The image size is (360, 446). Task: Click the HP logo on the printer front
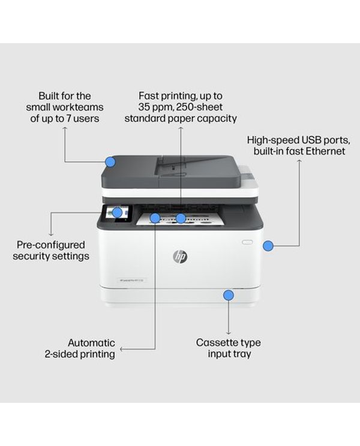pos(180,257)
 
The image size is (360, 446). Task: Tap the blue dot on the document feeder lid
pos(110,161)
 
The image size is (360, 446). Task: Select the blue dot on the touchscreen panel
pos(118,212)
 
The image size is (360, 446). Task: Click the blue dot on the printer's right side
pos(268,245)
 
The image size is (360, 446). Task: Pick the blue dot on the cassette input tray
pos(228,295)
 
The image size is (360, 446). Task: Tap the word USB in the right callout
pos(304,140)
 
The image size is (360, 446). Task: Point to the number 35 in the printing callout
pos(145,107)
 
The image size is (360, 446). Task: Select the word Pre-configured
pos(51,245)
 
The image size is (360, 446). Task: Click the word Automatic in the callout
pos(91,343)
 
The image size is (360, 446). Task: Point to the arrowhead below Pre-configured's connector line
pos(50,233)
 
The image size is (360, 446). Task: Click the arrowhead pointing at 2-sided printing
pos(122,348)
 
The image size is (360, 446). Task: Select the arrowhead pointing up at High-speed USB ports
pos(298,162)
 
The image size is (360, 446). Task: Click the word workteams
pos(82,107)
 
